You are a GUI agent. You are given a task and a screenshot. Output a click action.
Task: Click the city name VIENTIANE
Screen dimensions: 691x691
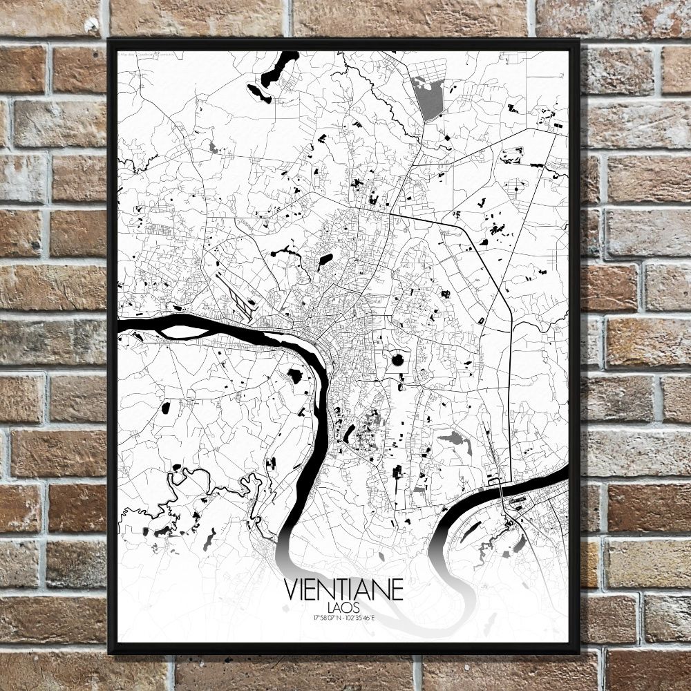point(343,591)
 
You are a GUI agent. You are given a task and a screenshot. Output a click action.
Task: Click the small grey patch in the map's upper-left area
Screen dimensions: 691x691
point(213,148)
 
